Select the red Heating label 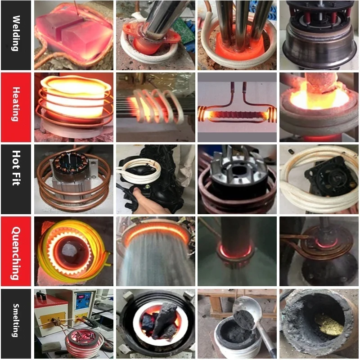point(16,107)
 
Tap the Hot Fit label point(16,179)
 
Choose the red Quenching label point(16,251)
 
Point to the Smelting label point(16,323)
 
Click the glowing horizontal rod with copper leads point(236,115)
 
